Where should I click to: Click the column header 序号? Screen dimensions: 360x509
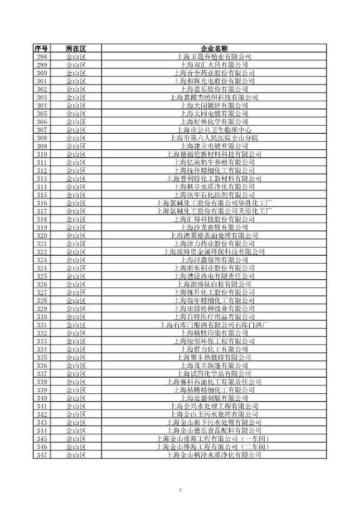(x=42, y=48)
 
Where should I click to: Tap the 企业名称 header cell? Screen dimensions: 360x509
(x=214, y=48)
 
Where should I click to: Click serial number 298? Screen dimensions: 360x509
(x=42, y=56)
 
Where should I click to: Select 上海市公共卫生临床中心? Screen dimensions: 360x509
(x=214, y=129)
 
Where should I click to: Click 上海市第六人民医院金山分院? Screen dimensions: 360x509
(x=214, y=138)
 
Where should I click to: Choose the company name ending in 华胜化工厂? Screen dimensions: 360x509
(x=214, y=203)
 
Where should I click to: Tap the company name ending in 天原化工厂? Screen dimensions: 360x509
(x=214, y=211)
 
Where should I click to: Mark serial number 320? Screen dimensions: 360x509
(x=42, y=235)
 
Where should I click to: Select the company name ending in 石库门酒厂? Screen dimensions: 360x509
(x=214, y=325)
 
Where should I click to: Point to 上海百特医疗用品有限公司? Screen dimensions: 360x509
(x=214, y=317)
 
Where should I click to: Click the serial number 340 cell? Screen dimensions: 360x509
(x=42, y=398)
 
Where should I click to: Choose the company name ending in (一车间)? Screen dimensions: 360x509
(x=214, y=439)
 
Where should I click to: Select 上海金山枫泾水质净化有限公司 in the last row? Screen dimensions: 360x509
(x=214, y=455)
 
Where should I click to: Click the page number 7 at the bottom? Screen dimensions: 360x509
(x=180, y=490)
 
